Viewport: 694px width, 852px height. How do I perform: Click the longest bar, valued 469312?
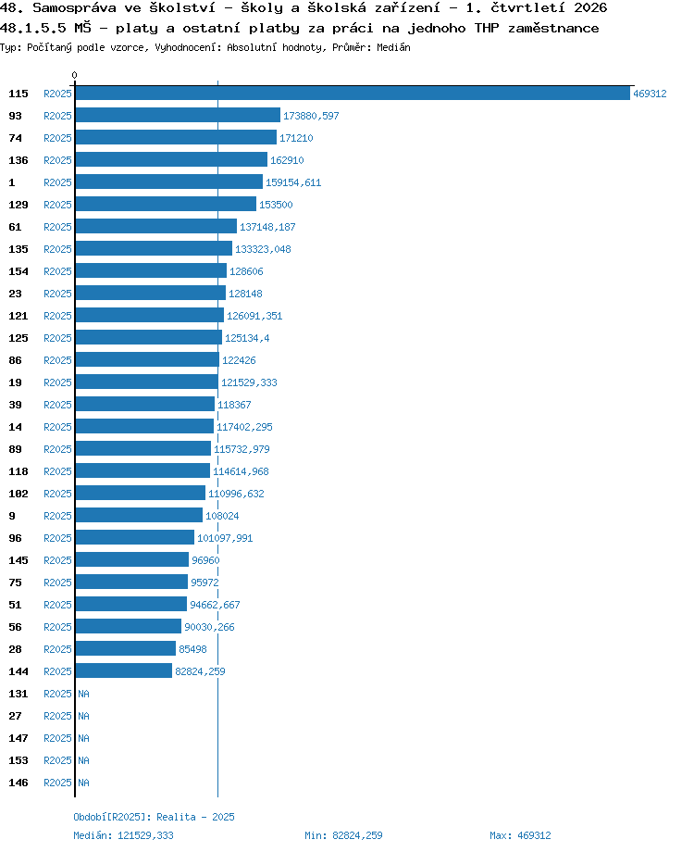tap(353, 94)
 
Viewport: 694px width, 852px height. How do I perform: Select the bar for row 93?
tap(178, 115)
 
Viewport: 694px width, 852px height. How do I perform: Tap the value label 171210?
tap(296, 138)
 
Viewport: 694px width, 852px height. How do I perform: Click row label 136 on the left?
tap(18, 160)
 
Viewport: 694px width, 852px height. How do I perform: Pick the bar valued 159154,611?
tap(169, 182)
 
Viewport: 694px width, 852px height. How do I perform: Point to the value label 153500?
tap(276, 205)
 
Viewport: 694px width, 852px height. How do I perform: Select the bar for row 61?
tap(156, 227)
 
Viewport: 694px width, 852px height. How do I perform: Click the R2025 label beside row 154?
tap(57, 271)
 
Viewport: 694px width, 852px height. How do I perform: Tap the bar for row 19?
tap(147, 382)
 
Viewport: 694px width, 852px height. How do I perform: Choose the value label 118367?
tap(234, 405)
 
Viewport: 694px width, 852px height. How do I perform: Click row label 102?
tap(18, 494)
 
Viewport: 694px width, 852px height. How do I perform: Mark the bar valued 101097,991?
tap(135, 537)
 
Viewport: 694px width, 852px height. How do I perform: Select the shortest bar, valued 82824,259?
tap(124, 670)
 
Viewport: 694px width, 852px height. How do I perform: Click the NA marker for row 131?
tap(83, 694)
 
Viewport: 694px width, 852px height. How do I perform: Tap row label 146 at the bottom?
tap(18, 783)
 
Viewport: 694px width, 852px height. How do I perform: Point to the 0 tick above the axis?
tap(74, 75)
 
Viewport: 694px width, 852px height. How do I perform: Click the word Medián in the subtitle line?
tap(393, 47)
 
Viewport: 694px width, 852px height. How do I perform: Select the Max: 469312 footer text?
tap(520, 835)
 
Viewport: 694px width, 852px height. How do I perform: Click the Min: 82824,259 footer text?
tap(343, 835)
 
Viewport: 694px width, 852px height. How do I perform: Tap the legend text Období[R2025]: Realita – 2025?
tap(154, 817)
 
